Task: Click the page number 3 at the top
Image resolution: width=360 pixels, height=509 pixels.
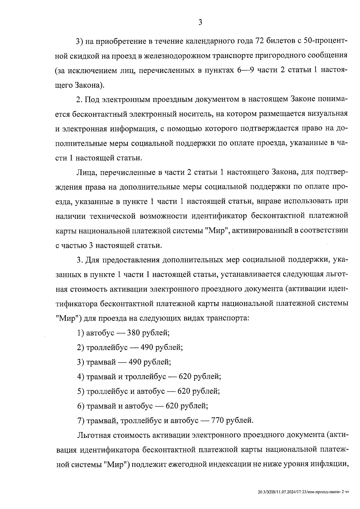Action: click(200, 22)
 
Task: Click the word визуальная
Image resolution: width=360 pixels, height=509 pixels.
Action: click(327, 114)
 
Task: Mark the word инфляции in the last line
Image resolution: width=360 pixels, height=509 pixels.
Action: click(329, 464)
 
